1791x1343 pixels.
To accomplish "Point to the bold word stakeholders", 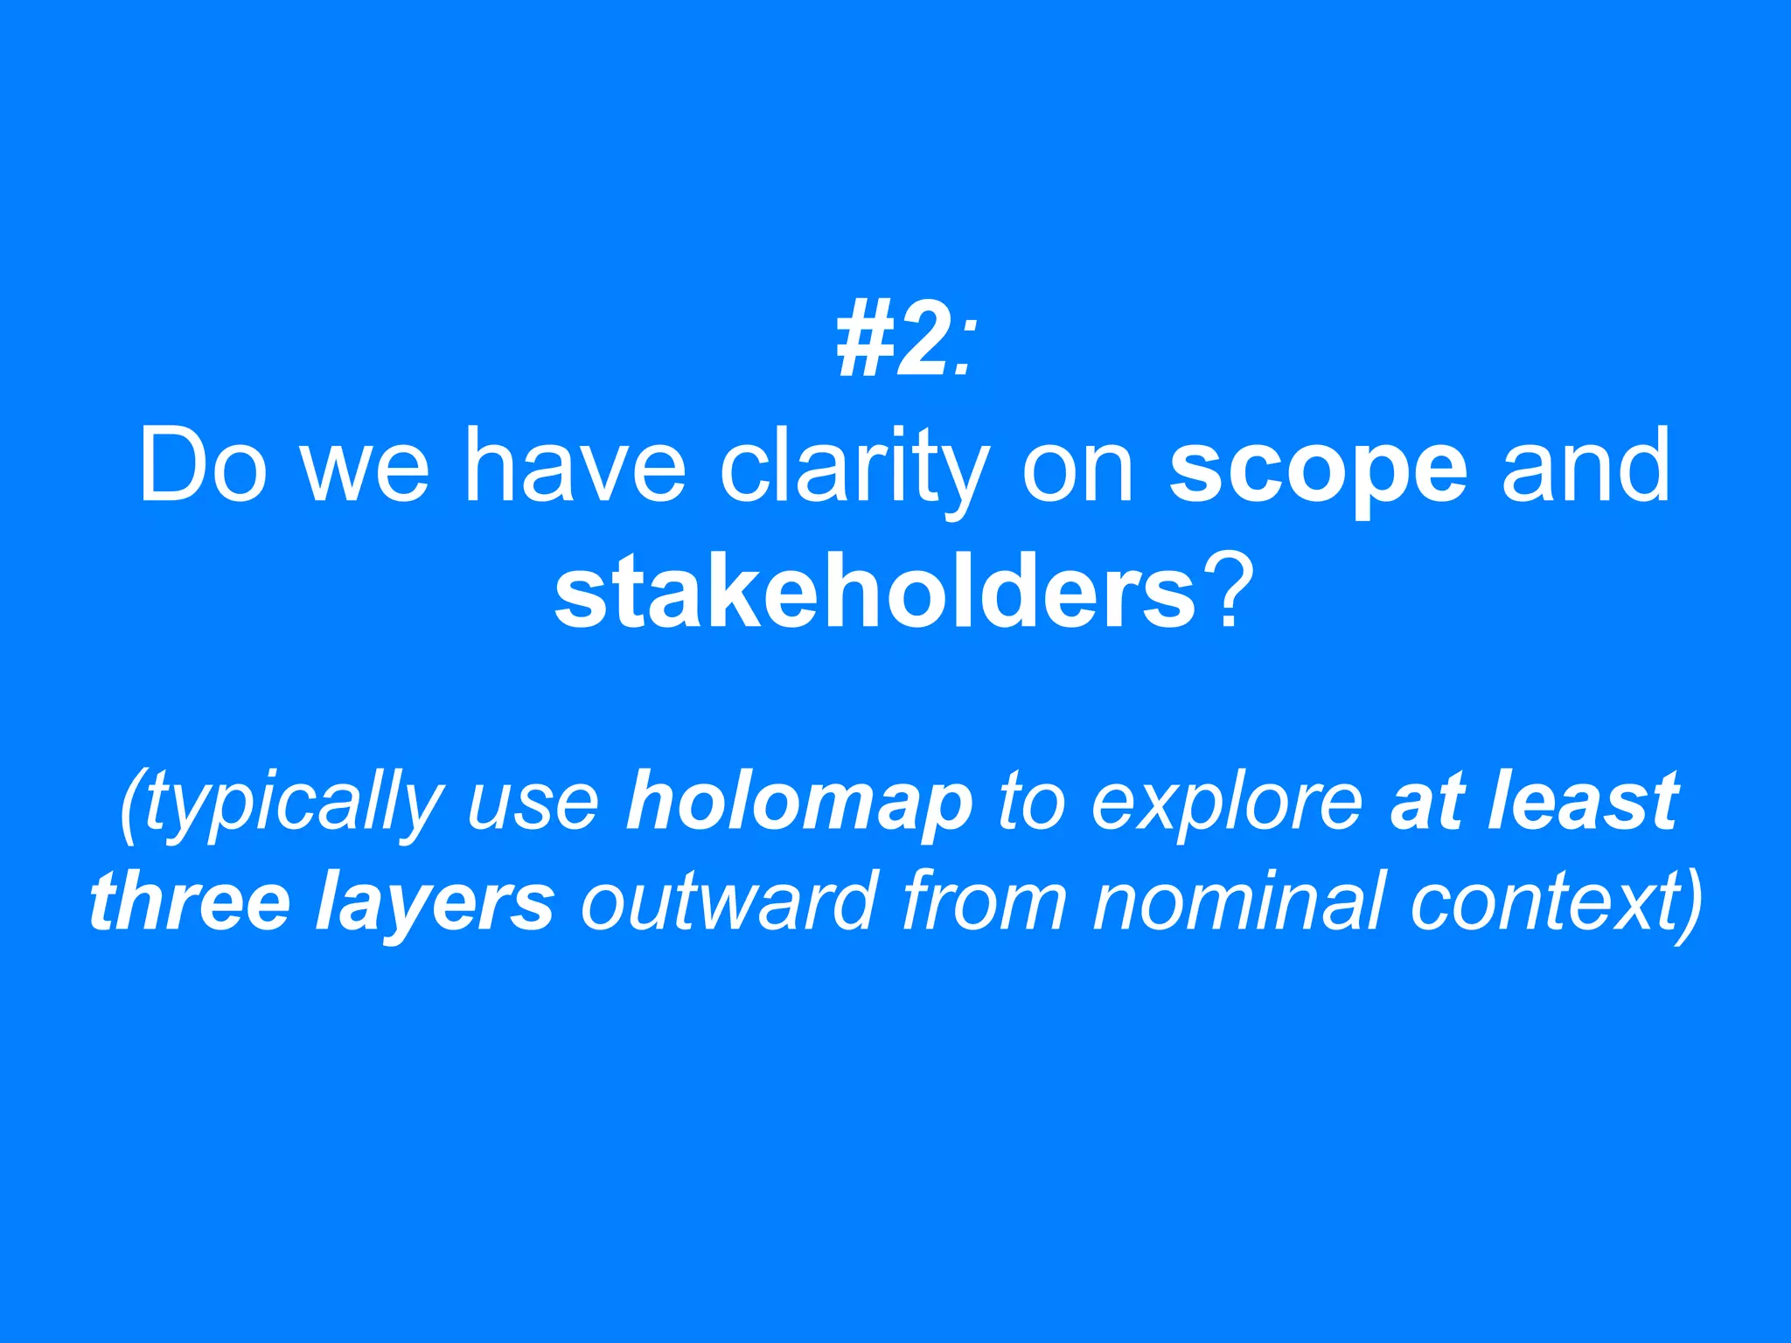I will tap(875, 595).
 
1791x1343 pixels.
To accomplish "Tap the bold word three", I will tap(190, 901).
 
